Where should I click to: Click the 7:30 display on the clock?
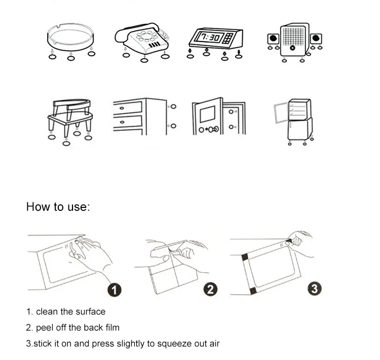pyautogui.click(x=208, y=37)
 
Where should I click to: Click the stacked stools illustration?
pyautogui.click(x=71, y=116)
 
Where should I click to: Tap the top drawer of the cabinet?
pyautogui.click(x=128, y=107)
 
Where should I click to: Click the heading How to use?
pyautogui.click(x=57, y=207)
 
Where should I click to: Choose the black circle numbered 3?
pyautogui.click(x=315, y=289)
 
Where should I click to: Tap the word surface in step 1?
pyautogui.click(x=90, y=311)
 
